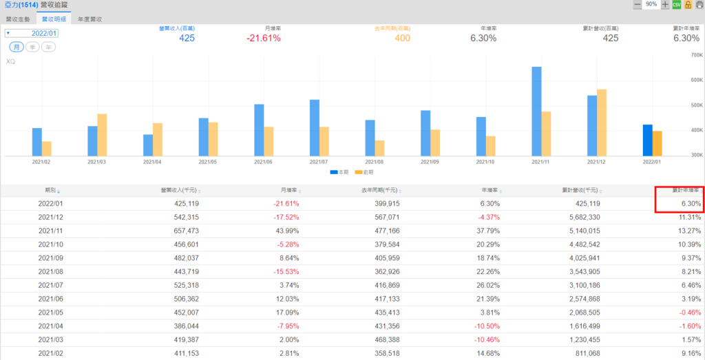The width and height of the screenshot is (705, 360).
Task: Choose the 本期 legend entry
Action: pos(339,171)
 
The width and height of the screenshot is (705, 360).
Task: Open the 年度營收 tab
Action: pos(90,20)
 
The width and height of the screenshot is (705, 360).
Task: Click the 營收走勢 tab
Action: pos(18,20)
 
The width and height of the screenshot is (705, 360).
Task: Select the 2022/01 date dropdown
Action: pos(32,33)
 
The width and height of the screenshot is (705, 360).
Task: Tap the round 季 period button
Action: pos(32,47)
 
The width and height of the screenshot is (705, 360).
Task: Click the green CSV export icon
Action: pos(675,5)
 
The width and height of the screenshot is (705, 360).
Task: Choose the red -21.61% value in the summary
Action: pos(263,39)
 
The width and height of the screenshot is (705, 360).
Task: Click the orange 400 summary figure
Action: pos(402,39)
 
